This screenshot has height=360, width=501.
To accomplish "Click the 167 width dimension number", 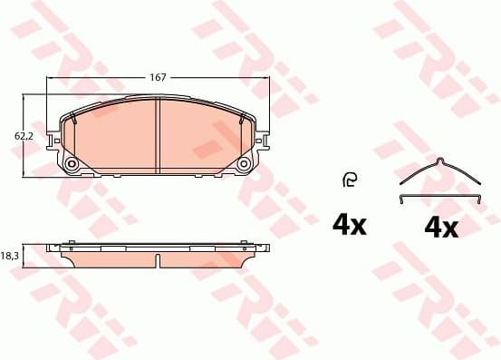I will [158, 78].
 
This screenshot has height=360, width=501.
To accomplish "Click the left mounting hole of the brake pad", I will [72, 164].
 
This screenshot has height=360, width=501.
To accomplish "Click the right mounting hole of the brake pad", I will [245, 164].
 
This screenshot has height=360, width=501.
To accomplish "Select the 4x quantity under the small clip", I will [348, 225].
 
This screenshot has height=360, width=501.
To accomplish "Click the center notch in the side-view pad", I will [159, 261].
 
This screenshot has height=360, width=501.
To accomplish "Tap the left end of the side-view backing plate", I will [51, 248].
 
